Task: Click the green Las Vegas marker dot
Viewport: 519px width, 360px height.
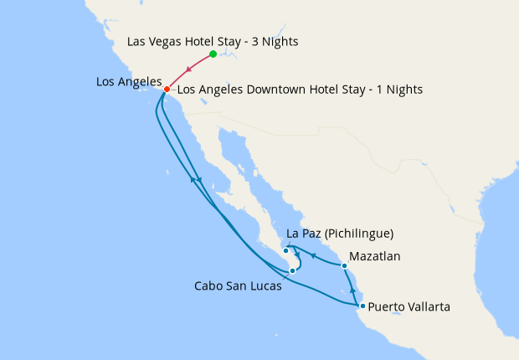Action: pos(213,54)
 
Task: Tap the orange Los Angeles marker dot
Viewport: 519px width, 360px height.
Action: pos(167,90)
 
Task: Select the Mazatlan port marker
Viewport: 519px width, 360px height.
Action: pos(344,266)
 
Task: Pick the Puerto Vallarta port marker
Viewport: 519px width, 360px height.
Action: pos(362,306)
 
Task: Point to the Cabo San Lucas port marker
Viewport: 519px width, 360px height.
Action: pos(292,270)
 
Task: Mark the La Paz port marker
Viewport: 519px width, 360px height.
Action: pos(285,250)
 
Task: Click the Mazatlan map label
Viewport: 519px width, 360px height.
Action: pos(375,256)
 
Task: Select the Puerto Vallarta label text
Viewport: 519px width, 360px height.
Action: pos(409,307)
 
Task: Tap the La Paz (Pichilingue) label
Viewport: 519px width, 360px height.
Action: pos(340,233)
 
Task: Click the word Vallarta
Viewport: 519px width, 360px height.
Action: pos(429,307)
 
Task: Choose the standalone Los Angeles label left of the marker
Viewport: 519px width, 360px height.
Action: pos(128,81)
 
